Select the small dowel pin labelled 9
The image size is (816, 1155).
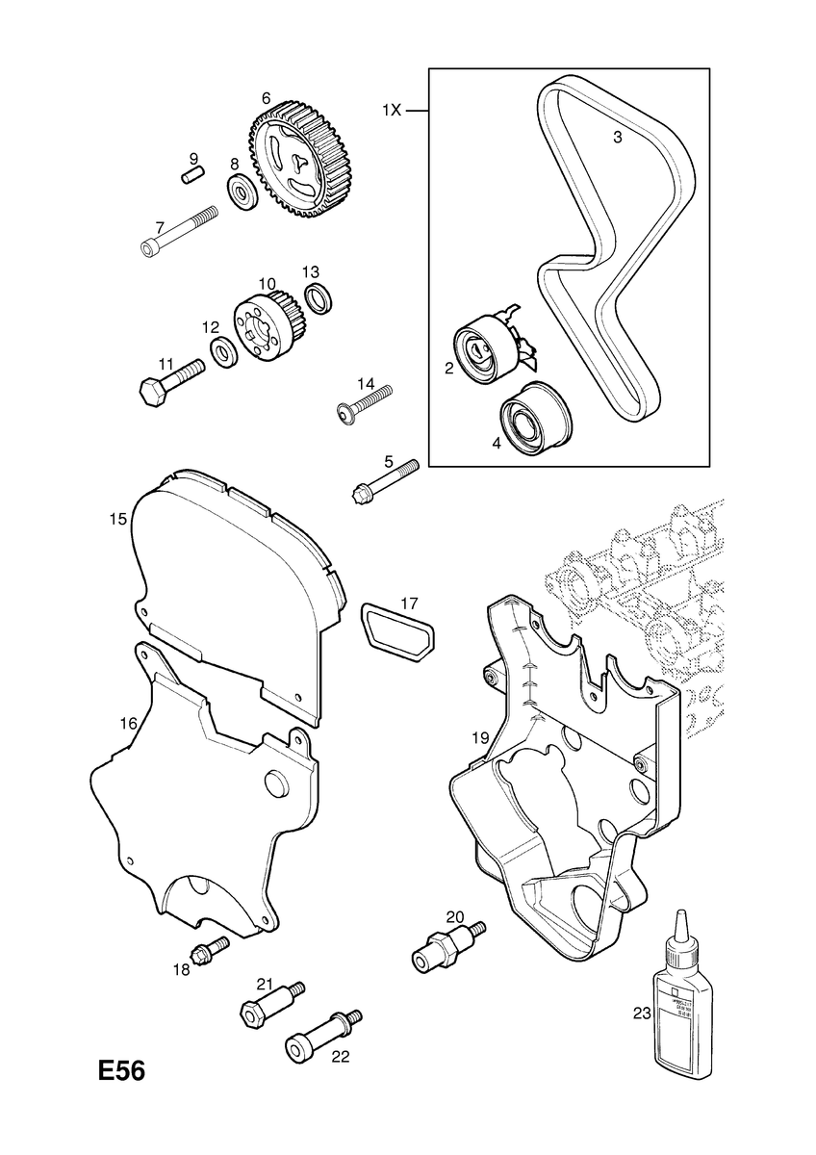pyautogui.click(x=191, y=175)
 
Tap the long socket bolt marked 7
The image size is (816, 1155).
pyautogui.click(x=178, y=233)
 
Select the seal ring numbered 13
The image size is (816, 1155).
pyautogui.click(x=318, y=297)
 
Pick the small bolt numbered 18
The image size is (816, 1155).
pyautogui.click(x=210, y=951)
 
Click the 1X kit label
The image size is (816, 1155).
pyautogui.click(x=390, y=112)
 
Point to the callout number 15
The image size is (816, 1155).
pyautogui.click(x=117, y=519)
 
